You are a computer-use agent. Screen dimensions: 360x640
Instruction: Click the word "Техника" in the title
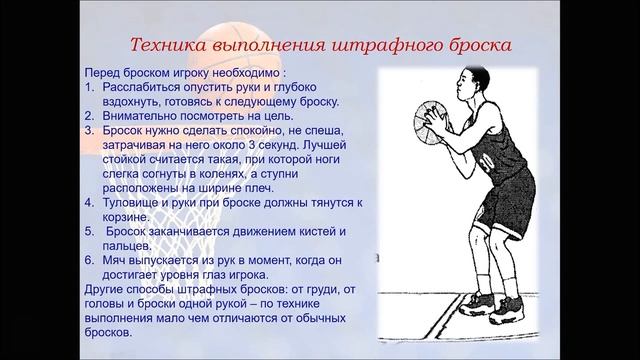click(x=172, y=46)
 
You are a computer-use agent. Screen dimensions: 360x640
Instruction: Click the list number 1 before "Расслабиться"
click(x=89, y=87)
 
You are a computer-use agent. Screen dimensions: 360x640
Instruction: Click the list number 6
click(x=89, y=260)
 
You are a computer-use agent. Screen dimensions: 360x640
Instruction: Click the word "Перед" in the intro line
click(x=105, y=73)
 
